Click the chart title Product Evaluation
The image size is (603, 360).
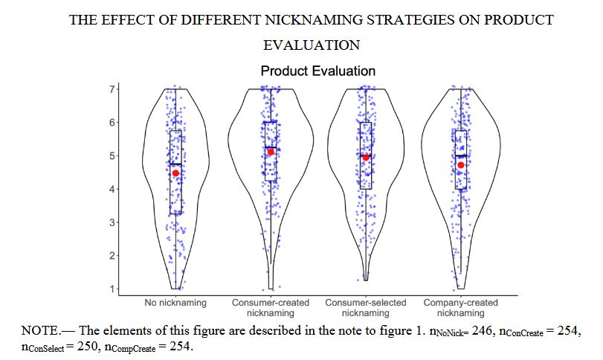point(317,71)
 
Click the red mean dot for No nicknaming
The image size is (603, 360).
point(176,173)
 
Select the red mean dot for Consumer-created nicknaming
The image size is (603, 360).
point(271,152)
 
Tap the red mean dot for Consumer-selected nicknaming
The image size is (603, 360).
point(366,157)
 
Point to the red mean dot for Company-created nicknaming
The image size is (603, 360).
point(461,165)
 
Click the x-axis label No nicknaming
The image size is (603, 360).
point(176,303)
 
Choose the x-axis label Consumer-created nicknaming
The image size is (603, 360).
point(271,308)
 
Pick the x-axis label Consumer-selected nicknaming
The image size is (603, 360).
point(366,308)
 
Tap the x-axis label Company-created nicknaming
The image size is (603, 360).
point(460,308)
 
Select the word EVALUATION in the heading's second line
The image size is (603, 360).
point(312,45)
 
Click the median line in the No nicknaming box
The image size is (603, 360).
point(176,164)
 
